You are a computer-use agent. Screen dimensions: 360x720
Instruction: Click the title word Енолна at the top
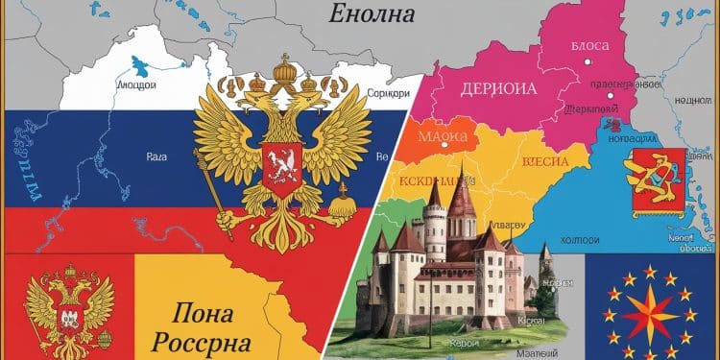pyautogui.click(x=371, y=14)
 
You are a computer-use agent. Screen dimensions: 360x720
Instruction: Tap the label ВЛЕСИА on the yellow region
pyautogui.click(x=543, y=161)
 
